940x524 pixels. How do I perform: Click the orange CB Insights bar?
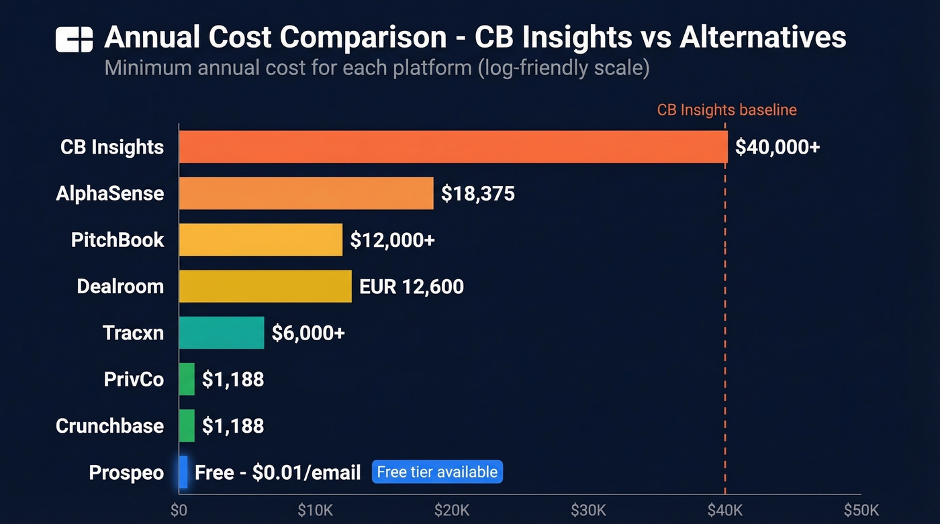pyautogui.click(x=453, y=147)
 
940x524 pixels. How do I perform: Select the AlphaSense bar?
pyautogui.click(x=305, y=193)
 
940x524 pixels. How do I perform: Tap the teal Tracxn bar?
pyautogui.click(x=222, y=333)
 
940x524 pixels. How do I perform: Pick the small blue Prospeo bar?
pyautogui.click(x=183, y=472)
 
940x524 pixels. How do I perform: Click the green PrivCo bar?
pyautogui.click(x=187, y=379)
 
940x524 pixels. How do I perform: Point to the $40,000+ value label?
pyautogui.click(x=778, y=147)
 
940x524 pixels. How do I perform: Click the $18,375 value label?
pyautogui.click(x=477, y=194)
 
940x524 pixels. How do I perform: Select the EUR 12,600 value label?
pyautogui.click(x=412, y=286)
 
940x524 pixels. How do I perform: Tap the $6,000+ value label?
pyautogui.click(x=308, y=333)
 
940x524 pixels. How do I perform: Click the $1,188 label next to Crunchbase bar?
pyautogui.click(x=232, y=425)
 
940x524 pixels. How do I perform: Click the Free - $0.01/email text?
pyautogui.click(x=278, y=472)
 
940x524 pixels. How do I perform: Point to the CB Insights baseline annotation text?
pyautogui.click(x=726, y=110)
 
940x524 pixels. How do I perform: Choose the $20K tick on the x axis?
pyautogui.click(x=451, y=510)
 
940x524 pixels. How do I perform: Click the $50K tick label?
pyautogui.click(x=861, y=510)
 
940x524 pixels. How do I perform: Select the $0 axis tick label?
pyautogui.click(x=179, y=510)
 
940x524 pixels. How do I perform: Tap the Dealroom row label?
pyautogui.click(x=120, y=286)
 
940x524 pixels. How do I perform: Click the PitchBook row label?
pyautogui.click(x=117, y=240)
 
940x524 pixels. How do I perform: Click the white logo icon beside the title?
pyautogui.click(x=74, y=40)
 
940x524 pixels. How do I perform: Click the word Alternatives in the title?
pyautogui.click(x=763, y=38)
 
